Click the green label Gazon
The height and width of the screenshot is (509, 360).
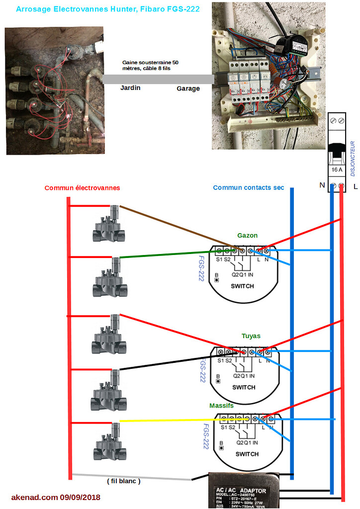tap(247, 235)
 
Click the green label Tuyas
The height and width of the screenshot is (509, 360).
tap(251, 336)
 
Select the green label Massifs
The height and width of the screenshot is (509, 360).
tap(221, 406)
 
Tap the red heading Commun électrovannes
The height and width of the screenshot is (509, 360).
tap(82, 188)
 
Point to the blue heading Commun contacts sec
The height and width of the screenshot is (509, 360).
tap(249, 187)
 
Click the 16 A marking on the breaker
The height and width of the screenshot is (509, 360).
tap(337, 170)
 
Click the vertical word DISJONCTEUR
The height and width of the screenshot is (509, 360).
tap(353, 159)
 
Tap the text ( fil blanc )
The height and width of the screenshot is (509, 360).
tap(124, 481)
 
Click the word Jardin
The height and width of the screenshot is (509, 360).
tap(130, 87)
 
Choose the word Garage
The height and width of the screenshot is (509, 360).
tap(188, 88)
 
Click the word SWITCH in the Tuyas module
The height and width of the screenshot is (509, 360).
tap(244, 387)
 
